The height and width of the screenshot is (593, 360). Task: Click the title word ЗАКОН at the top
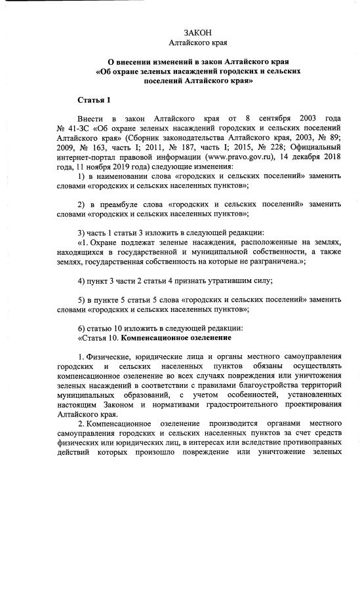coord(197,33)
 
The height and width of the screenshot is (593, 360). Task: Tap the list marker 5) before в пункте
coord(81,299)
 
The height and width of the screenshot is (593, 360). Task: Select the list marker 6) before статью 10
coord(81,328)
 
